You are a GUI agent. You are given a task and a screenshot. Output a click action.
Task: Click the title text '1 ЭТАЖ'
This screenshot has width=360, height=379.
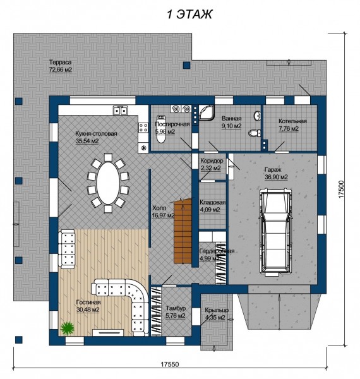click(189, 15)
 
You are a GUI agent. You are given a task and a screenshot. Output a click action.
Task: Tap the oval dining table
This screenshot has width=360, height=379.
click(108, 183)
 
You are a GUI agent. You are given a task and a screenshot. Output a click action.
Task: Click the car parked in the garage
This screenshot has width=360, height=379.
click(275, 232)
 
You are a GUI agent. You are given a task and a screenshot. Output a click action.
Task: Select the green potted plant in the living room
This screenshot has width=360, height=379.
click(68, 328)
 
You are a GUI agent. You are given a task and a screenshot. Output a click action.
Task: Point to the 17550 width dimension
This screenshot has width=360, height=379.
click(170, 364)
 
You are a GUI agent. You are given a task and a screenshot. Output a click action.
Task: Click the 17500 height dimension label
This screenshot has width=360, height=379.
click(341, 189)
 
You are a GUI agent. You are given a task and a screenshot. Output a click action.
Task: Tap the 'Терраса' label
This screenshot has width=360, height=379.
click(61, 63)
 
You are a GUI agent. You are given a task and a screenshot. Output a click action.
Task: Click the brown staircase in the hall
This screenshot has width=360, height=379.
click(183, 231)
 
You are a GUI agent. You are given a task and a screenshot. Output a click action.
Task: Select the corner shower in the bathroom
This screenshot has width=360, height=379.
click(206, 112)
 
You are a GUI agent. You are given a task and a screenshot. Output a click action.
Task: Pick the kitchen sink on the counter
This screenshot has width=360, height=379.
click(121, 111)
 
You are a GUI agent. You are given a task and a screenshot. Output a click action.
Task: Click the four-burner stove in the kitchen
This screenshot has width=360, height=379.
click(143, 128)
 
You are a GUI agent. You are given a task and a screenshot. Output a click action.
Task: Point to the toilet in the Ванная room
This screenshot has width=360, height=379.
click(255, 133)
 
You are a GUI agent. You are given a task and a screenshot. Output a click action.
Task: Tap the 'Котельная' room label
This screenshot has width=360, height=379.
click(292, 121)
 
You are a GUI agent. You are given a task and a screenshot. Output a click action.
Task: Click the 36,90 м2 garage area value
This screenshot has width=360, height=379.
click(276, 177)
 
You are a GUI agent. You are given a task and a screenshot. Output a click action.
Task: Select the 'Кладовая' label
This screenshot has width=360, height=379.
click(213, 203)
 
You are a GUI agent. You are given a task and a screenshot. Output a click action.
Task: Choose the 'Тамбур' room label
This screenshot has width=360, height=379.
click(176, 308)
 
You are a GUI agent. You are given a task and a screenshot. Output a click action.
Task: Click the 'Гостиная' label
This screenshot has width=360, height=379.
click(88, 302)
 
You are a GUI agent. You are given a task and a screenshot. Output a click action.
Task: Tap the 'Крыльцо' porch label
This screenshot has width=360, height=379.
click(217, 310)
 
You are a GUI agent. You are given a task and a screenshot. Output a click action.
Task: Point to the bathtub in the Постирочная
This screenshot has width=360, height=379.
click(161, 129)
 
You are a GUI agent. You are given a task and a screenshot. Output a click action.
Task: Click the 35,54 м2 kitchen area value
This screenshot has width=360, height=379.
click(87, 141)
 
